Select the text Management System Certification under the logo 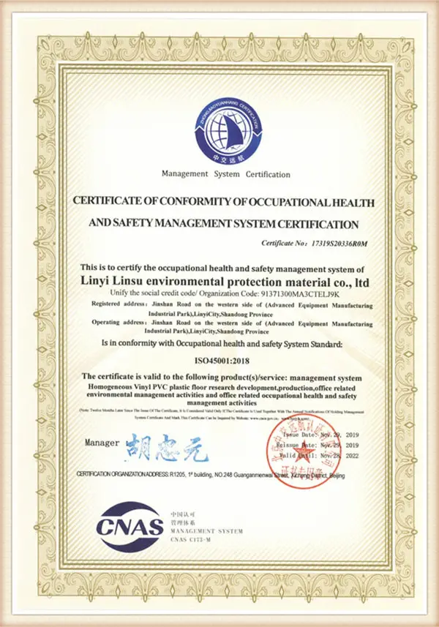(x=225, y=175)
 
